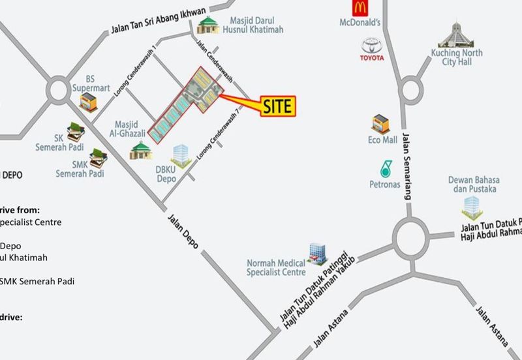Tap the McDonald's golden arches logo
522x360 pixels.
click(x=360, y=9)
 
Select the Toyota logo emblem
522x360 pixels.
click(x=373, y=46)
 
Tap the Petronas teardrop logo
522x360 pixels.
click(x=385, y=168)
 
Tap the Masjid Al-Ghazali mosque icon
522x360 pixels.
click(x=140, y=151)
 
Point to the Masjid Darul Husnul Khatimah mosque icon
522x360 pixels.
click(x=207, y=25)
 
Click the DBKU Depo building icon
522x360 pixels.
click(x=181, y=156)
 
